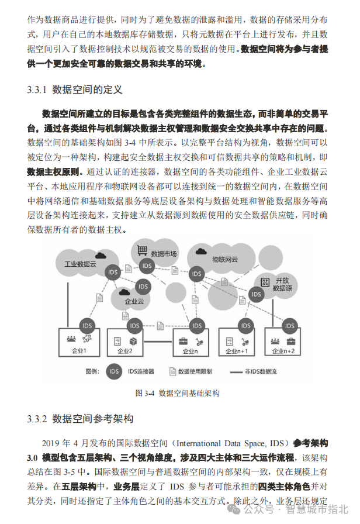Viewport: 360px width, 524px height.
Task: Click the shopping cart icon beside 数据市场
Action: coord(140,250)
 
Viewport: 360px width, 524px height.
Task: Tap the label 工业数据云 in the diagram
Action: coord(80,264)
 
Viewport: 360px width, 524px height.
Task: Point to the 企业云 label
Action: coord(134,302)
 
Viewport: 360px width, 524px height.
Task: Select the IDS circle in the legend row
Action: coord(115,371)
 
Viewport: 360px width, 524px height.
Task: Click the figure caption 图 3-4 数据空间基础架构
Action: coord(178,393)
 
